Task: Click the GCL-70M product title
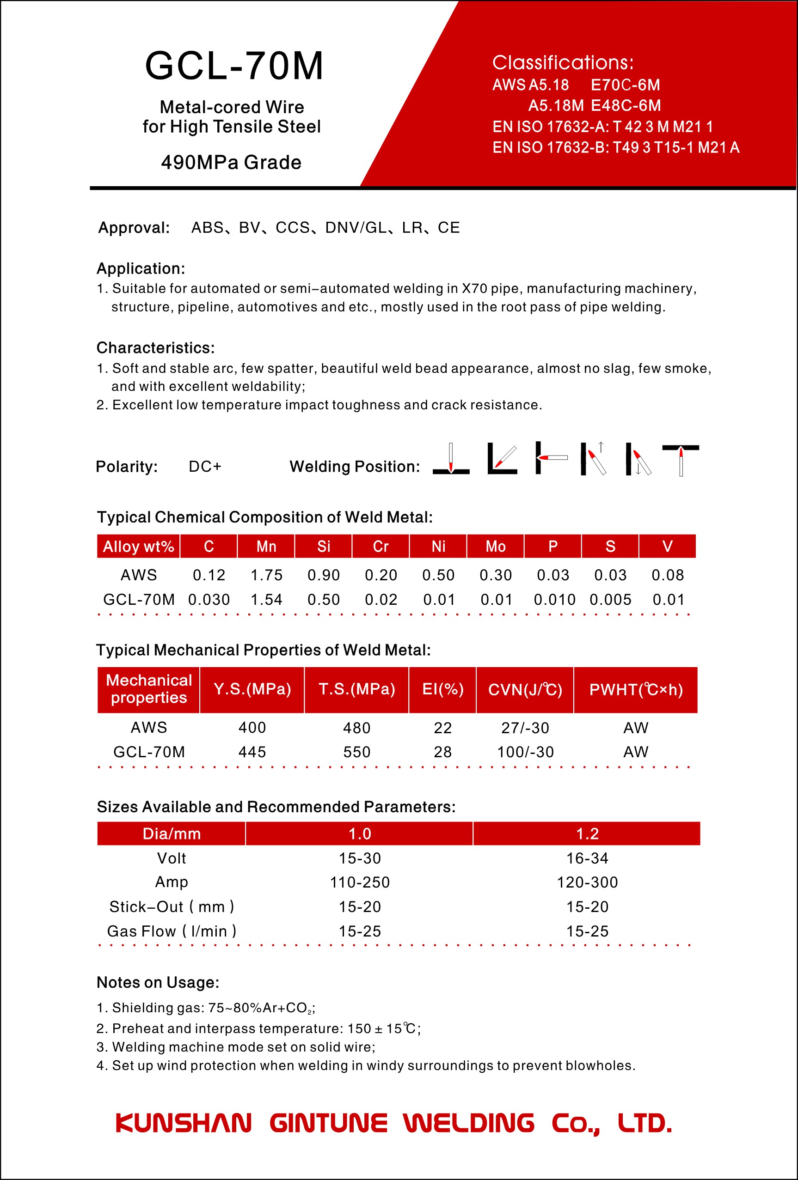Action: click(234, 67)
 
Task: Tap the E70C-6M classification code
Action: click(625, 85)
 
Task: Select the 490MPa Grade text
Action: click(231, 163)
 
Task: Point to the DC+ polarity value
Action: click(205, 467)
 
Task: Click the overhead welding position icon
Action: click(680, 460)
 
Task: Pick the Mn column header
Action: click(266, 546)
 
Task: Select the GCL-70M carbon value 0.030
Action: click(209, 600)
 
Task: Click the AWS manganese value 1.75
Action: click(266, 575)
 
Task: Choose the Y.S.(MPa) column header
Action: click(252, 689)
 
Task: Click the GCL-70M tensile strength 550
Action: click(356, 752)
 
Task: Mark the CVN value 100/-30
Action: click(525, 752)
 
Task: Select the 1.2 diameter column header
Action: click(587, 834)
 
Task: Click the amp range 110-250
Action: click(360, 882)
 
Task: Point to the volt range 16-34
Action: click(587, 858)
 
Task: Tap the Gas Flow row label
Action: click(171, 931)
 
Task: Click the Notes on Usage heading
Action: click(158, 983)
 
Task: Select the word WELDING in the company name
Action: click(469, 1123)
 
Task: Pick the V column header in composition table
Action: click(668, 546)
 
